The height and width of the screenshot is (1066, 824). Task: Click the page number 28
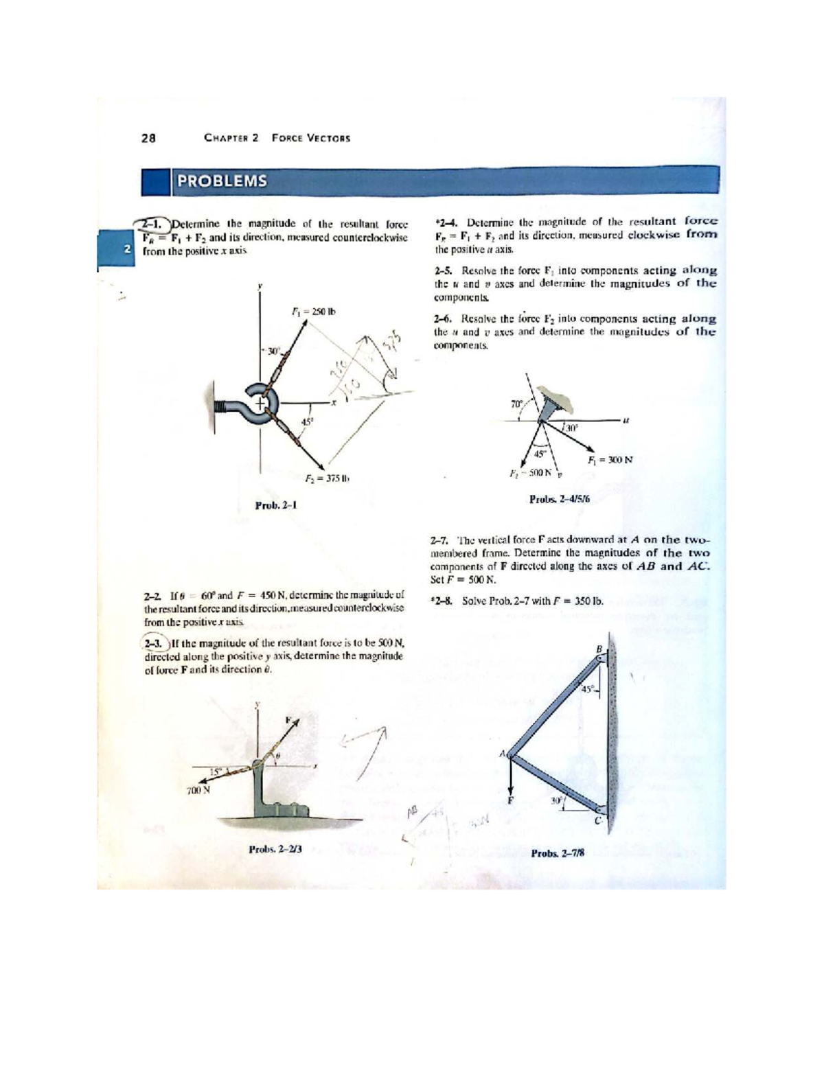coord(148,138)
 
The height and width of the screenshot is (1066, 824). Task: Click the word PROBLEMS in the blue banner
coord(221,181)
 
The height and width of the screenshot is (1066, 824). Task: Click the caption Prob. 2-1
coord(275,506)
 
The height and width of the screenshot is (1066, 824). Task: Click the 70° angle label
coord(516,404)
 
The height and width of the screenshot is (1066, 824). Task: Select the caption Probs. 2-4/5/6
coord(560,499)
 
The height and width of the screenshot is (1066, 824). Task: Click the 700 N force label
coord(198,790)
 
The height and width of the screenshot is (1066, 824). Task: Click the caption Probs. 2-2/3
coord(275,848)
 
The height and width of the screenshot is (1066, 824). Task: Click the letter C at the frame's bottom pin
coord(597,821)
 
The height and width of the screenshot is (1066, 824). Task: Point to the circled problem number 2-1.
coord(150,223)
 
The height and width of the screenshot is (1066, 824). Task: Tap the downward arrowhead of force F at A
coord(510,790)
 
